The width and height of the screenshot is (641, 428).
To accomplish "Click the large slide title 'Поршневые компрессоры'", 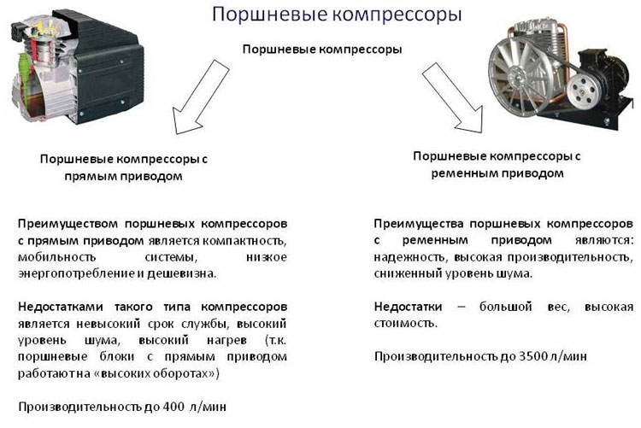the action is tap(337, 15).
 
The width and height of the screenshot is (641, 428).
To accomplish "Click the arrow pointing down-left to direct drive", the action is tap(200, 97).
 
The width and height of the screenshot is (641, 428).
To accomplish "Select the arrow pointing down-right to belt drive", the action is tap(452, 97).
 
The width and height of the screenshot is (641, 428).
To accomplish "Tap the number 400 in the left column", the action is tap(173, 407).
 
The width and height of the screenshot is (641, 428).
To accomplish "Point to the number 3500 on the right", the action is tap(533, 356).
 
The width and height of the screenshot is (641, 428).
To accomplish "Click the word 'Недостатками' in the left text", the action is tap(61, 307).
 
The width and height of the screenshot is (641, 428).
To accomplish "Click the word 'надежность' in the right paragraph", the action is tap(409, 257).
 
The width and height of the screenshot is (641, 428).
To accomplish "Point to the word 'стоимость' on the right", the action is tap(405, 324).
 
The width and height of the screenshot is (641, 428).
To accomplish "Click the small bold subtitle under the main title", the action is tap(322, 50).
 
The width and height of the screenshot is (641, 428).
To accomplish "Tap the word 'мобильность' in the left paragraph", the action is tap(56, 257).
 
